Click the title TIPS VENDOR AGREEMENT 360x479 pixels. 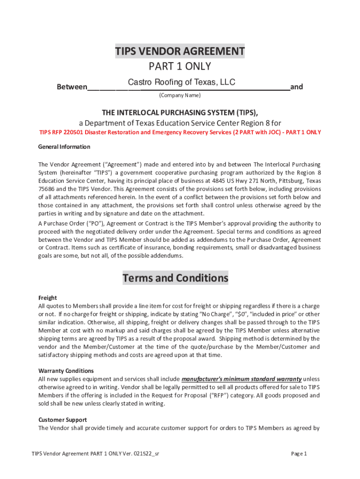(180, 51)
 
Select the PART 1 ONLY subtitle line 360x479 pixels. (180, 66)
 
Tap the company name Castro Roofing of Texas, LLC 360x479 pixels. (181, 83)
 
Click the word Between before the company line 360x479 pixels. (72, 87)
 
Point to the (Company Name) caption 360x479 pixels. (180, 95)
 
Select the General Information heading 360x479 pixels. (64, 147)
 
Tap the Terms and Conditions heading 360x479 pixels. (175, 278)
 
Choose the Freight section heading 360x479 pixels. (47, 298)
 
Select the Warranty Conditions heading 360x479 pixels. (66, 371)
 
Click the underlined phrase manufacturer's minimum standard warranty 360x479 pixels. (241, 379)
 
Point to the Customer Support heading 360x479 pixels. (63, 420)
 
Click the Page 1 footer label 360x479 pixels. (298, 454)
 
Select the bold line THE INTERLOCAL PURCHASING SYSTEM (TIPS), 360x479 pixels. (180, 113)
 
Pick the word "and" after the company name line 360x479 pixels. (296, 87)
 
